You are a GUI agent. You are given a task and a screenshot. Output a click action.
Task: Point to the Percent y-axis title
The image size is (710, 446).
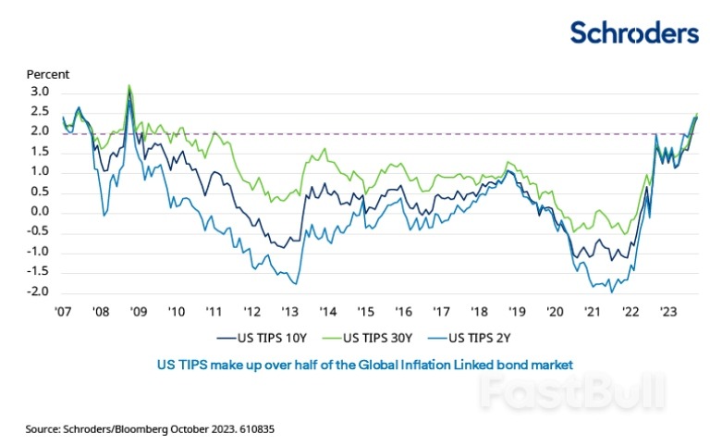pyautogui.click(x=47, y=74)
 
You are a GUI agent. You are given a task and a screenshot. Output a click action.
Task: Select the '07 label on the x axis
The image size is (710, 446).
pyautogui.click(x=62, y=313)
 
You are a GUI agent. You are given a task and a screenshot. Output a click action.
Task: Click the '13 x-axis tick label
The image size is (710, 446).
pyautogui.click(x=289, y=313)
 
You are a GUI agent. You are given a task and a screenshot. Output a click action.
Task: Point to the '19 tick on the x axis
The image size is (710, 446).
pyautogui.click(x=516, y=313)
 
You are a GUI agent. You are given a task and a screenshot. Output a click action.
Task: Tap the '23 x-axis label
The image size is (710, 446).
pyautogui.click(x=667, y=313)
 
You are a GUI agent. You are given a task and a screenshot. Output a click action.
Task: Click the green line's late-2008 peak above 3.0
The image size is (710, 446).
pyautogui.click(x=129, y=86)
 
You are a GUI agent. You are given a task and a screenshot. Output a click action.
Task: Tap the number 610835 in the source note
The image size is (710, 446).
pyautogui.click(x=256, y=430)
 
